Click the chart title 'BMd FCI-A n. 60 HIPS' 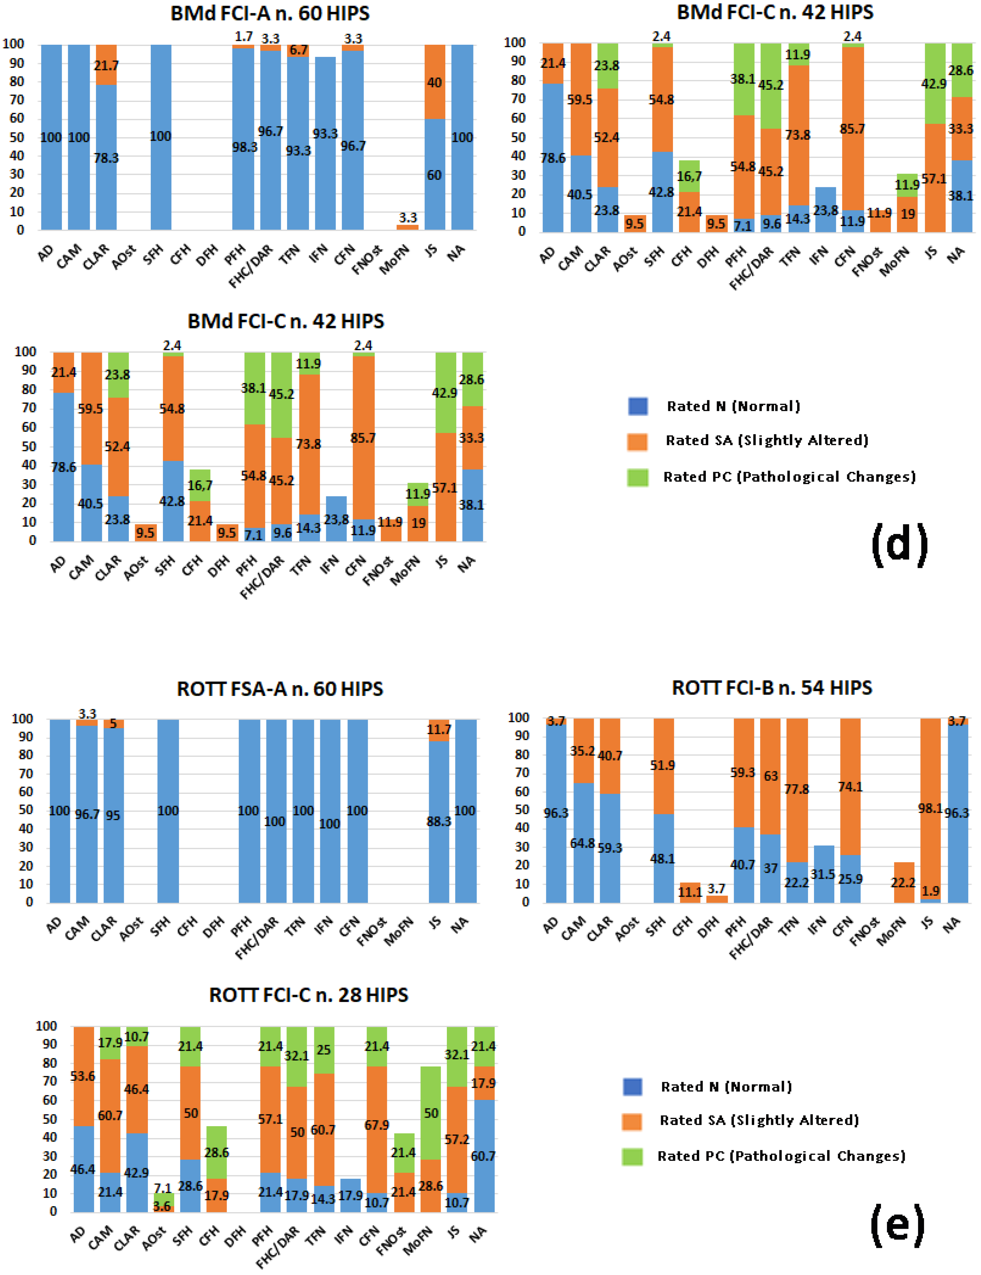(270, 13)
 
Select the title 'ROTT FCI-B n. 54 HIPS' (772, 688)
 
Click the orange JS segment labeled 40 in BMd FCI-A (434, 82)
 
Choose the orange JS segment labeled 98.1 (931, 809)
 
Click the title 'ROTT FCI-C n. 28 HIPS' (308, 995)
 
